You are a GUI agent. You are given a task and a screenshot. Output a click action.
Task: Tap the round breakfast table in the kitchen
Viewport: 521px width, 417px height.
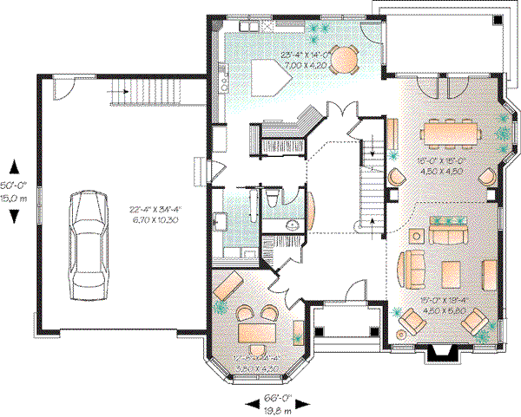(x=346, y=60)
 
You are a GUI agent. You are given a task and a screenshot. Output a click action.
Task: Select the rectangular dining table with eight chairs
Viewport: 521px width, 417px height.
(x=449, y=133)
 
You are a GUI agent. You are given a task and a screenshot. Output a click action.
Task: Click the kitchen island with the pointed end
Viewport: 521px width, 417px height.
(x=270, y=75)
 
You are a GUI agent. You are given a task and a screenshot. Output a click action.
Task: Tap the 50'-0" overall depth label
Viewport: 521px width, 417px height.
(x=14, y=186)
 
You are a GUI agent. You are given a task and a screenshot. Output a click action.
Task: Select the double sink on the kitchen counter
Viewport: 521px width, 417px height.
(x=247, y=30)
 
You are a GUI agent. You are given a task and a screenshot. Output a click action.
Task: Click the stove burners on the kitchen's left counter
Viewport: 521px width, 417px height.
(x=225, y=81)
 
